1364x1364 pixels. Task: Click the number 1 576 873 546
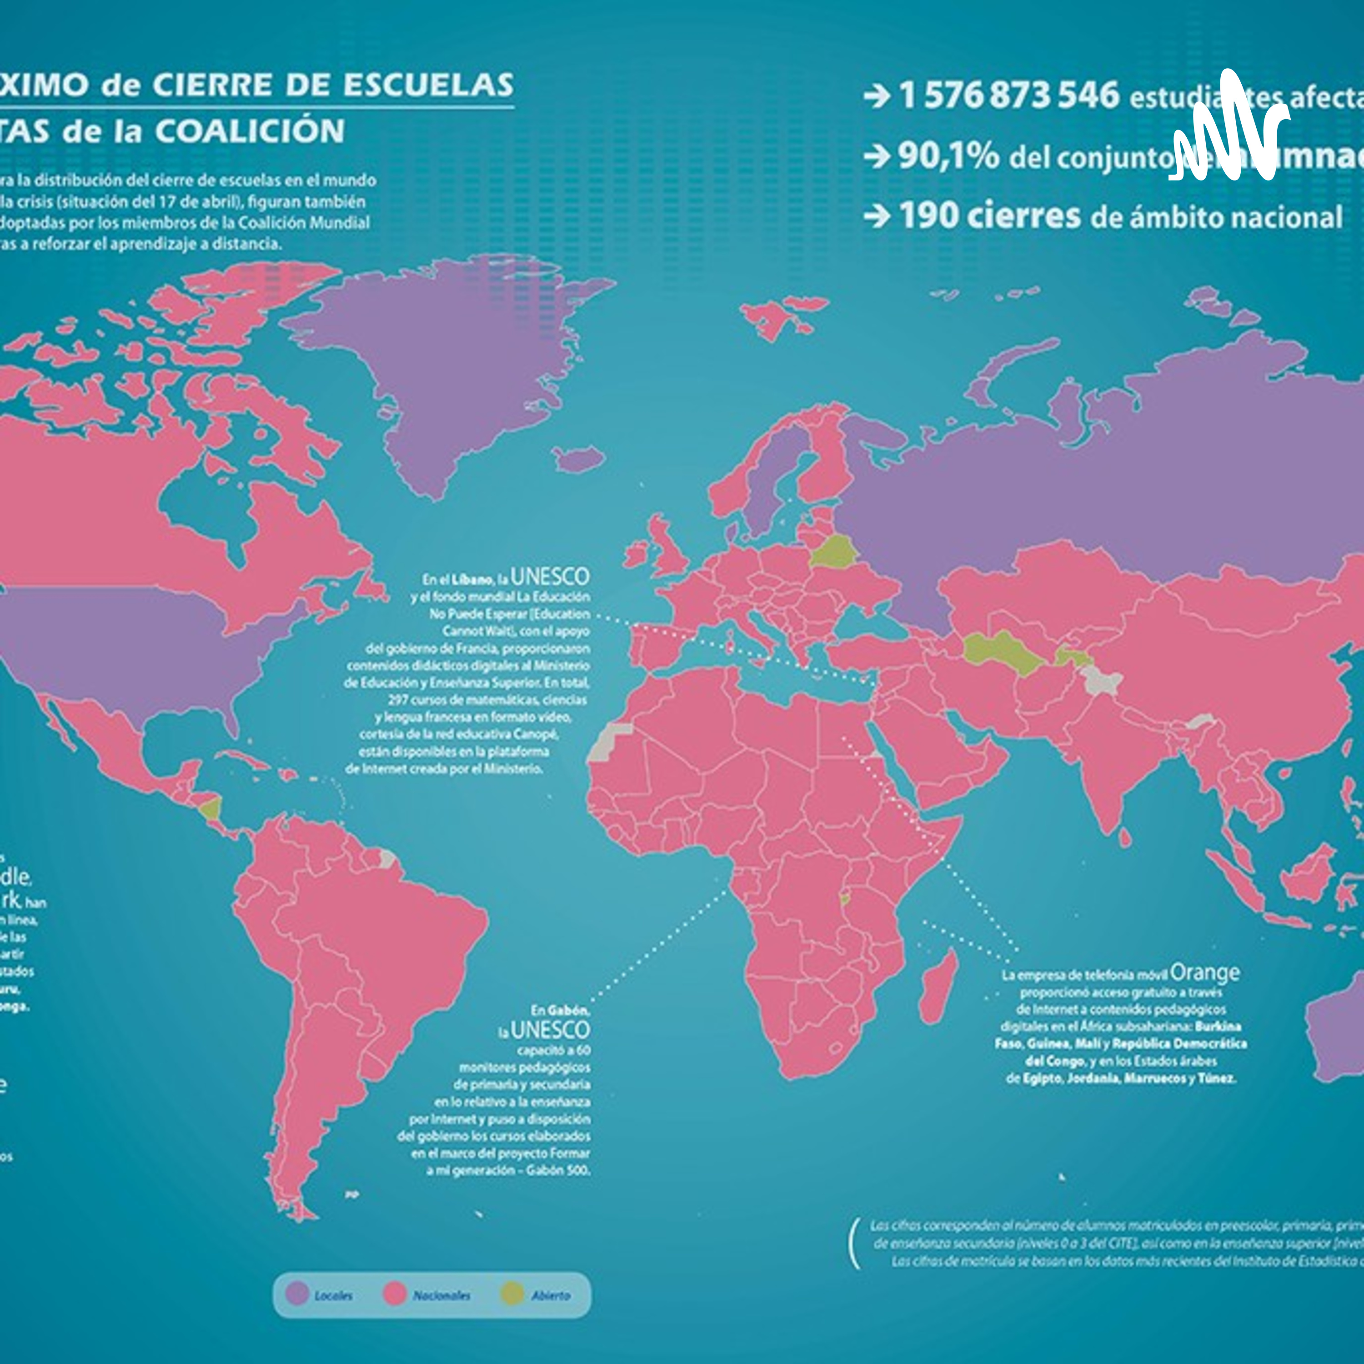1008,95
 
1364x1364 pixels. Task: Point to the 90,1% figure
948,157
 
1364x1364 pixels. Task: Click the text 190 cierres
989,216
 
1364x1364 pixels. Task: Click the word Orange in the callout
1204,973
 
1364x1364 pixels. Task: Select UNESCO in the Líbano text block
549,577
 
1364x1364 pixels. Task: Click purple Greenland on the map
452,367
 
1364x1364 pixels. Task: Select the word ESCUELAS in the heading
428,85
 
